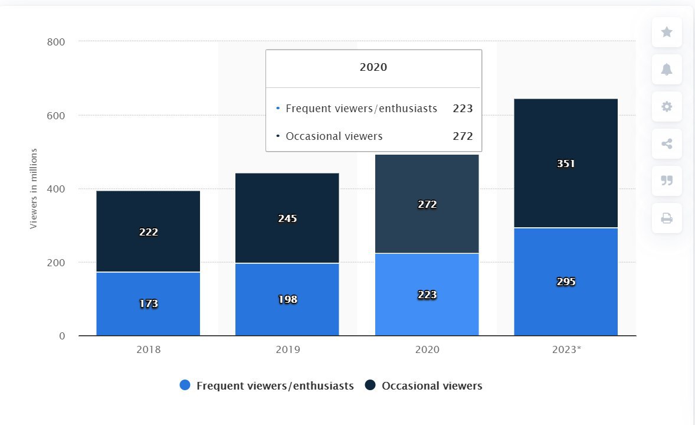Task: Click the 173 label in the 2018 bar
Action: pyautogui.click(x=149, y=304)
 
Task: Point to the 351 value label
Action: pyautogui.click(x=566, y=164)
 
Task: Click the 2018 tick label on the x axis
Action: pyautogui.click(x=148, y=349)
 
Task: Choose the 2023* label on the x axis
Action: pyautogui.click(x=566, y=349)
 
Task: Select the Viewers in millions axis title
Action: pyautogui.click(x=34, y=188)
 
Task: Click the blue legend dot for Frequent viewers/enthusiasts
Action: pyautogui.click(x=185, y=385)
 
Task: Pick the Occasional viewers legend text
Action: pyautogui.click(x=432, y=386)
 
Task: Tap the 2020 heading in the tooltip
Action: pyautogui.click(x=373, y=67)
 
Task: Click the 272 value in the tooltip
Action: pyautogui.click(x=463, y=136)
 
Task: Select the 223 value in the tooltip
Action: pyautogui.click(x=463, y=109)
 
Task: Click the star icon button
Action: pyautogui.click(x=667, y=32)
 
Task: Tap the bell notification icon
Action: pyautogui.click(x=667, y=70)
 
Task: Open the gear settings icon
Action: pyautogui.click(x=667, y=107)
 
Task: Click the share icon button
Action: pyautogui.click(x=667, y=143)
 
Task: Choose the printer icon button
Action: pyautogui.click(x=667, y=218)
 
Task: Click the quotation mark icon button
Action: pyautogui.click(x=667, y=181)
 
